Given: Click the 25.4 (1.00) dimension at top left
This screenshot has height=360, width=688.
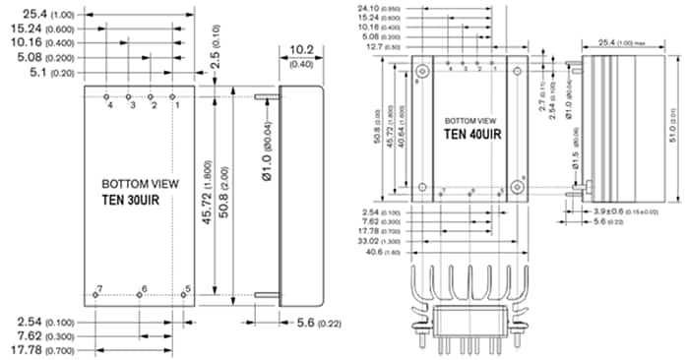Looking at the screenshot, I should tap(34, 14).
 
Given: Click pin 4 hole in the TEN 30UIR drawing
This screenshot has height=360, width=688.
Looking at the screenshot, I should tap(107, 96).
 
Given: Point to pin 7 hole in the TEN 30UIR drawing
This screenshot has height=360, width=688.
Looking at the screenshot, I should tap(94, 293).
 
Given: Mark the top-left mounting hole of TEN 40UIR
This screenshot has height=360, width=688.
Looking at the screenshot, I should tap(422, 71).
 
